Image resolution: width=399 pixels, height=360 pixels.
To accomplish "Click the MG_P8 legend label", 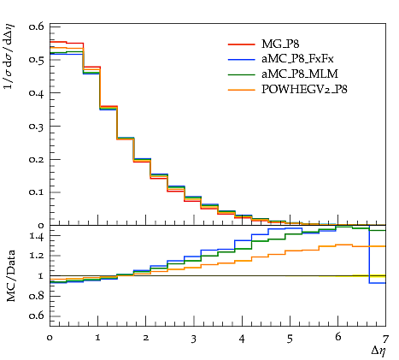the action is [280, 44].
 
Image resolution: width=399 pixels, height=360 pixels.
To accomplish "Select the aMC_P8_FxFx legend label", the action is [297, 59].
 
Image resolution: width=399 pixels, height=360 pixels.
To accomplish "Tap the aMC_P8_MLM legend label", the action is [300, 74].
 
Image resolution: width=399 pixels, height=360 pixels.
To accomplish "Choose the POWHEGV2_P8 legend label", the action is [304, 90].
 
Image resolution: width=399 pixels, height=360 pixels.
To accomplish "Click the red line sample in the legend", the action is [241, 44].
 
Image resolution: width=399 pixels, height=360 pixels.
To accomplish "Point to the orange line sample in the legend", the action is [241, 90].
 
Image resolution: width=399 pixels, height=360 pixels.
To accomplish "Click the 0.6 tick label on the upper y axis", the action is [37, 27].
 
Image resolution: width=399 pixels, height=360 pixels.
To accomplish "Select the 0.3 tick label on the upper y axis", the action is [37, 127].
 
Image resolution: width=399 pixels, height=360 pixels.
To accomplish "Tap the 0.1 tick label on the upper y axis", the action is [37, 192].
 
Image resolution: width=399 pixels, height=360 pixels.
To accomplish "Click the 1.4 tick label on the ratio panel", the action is [37, 236].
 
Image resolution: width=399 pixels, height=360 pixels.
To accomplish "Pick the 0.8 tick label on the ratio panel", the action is [37, 296].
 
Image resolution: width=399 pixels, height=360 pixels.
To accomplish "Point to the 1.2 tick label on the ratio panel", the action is [37, 256].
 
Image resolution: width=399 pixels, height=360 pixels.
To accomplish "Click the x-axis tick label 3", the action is [194, 339].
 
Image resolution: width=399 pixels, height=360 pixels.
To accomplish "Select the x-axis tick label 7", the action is [385, 339].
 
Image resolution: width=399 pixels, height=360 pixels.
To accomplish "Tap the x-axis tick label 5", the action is [290, 339].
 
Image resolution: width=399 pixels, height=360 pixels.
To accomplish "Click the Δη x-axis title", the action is [379, 351].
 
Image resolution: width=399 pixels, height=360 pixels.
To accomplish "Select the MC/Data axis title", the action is [11, 276].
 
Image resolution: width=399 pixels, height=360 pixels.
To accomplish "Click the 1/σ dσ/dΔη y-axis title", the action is [9, 56].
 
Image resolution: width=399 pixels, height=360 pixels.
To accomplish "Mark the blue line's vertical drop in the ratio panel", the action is [369, 255].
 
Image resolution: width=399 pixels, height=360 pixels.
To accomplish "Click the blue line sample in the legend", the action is [241, 59].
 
